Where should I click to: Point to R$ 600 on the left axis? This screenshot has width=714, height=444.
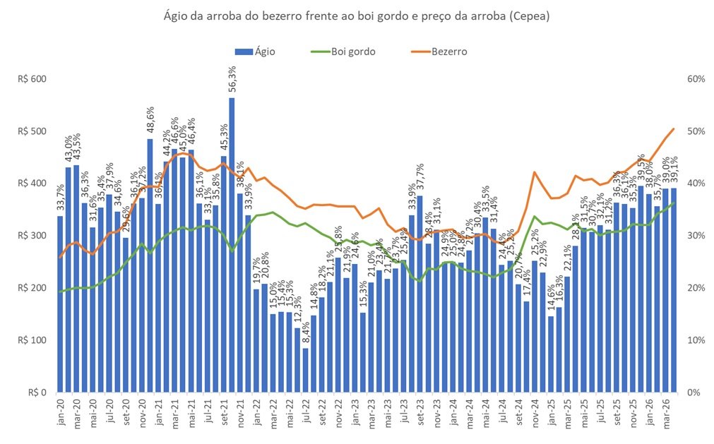pyautogui.click(x=31, y=79)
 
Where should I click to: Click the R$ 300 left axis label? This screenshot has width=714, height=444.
pyautogui.click(x=31, y=236)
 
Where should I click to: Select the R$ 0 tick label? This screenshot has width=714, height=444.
pyautogui.click(x=35, y=392)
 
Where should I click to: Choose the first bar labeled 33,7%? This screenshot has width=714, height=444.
pyautogui.click(x=61, y=304)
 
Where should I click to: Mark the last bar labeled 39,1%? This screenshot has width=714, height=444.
pyautogui.click(x=673, y=289)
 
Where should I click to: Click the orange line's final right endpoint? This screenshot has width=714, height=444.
pyautogui.click(x=674, y=128)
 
